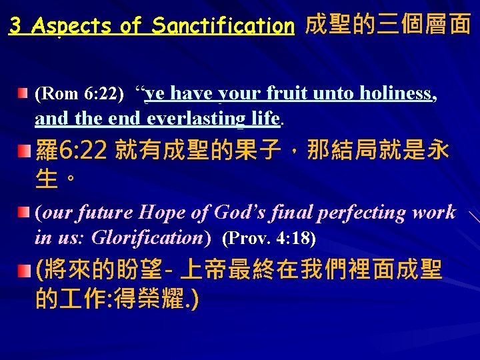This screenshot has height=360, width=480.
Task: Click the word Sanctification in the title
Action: point(223,26)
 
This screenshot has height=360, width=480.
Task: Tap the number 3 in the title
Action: point(15,26)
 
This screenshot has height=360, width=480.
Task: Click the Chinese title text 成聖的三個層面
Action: point(387,25)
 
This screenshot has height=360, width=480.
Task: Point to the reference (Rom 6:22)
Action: point(79,94)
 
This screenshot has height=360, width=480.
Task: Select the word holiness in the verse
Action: point(399,94)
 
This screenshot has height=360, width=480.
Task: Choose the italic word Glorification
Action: point(145,237)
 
